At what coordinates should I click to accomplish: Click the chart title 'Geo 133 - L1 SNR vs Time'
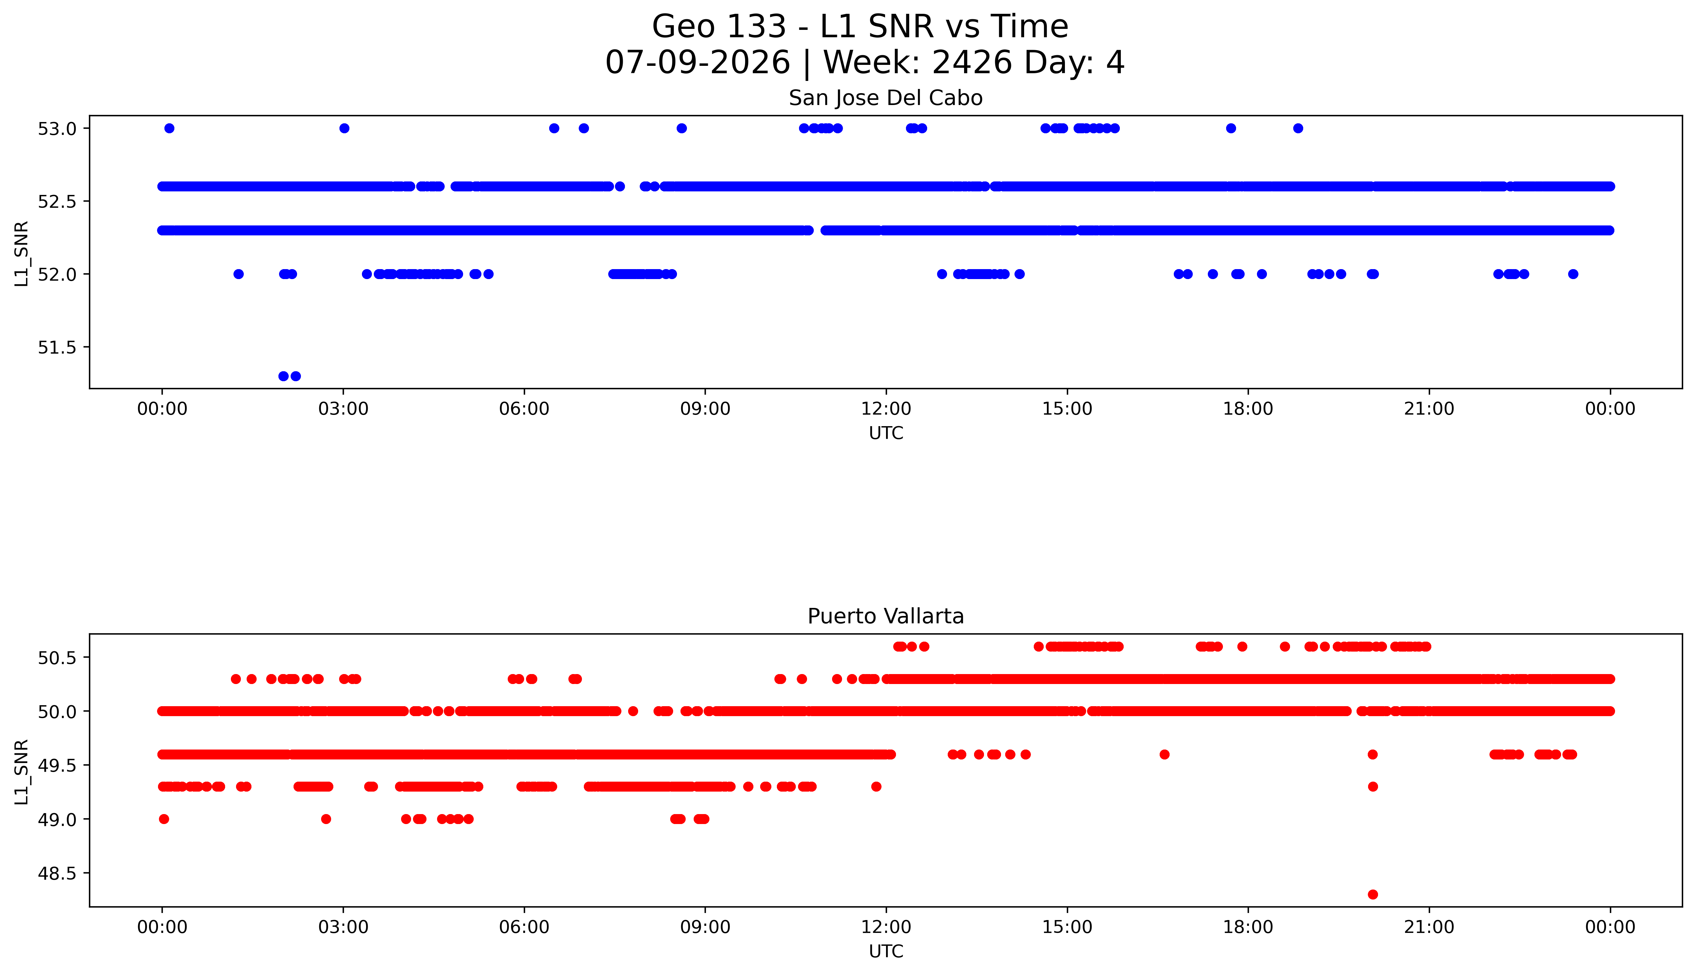(x=860, y=27)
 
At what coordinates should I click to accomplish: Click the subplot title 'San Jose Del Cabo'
(x=886, y=98)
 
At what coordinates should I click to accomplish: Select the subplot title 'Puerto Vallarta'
(x=886, y=616)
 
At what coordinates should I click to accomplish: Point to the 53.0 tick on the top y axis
(x=58, y=128)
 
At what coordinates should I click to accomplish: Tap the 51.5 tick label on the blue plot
(x=58, y=347)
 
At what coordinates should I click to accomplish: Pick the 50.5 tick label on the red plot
(x=58, y=658)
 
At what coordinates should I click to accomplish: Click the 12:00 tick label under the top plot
(x=886, y=409)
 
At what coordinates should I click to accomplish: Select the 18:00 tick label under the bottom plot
(x=1248, y=927)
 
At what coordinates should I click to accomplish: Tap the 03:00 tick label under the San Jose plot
(x=343, y=409)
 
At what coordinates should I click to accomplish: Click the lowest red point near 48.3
(x=1373, y=894)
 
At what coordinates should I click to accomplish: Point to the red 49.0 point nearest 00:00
(x=164, y=819)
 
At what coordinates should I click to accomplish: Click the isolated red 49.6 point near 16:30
(x=1164, y=755)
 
